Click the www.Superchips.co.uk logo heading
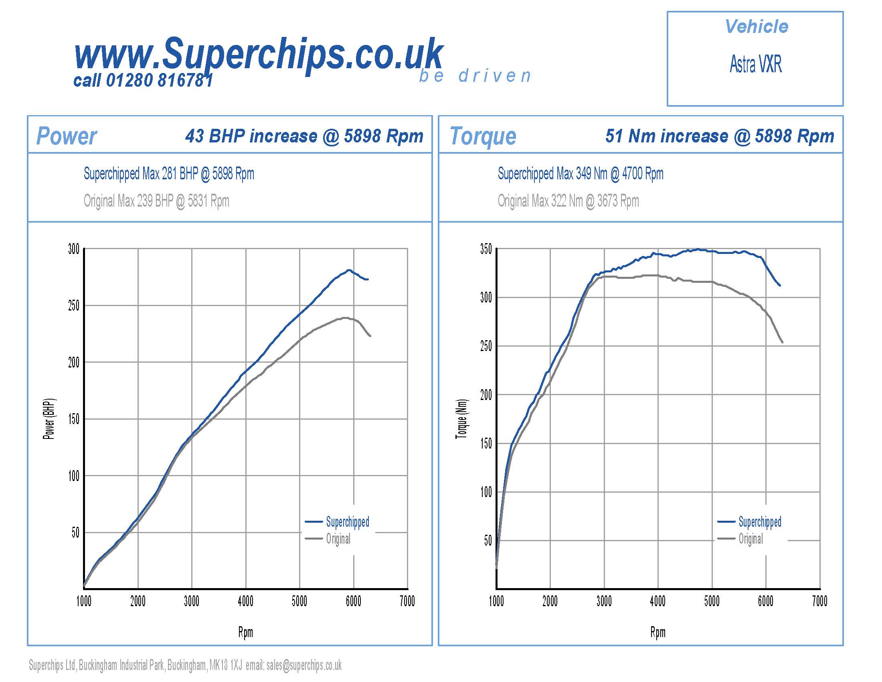259,53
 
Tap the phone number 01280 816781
159,81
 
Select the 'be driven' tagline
475,76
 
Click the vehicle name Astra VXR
755,64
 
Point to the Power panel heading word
67,136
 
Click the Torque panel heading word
483,136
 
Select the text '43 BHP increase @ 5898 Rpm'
304,136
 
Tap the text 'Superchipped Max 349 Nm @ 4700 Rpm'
581,174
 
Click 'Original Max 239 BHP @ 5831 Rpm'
156,201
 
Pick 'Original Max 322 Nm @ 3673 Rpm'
568,201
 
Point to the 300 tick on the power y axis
74,249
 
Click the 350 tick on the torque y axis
486,249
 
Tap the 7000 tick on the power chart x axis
407,602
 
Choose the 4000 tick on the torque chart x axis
658,602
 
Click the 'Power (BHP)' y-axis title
49,419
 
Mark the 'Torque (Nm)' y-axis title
461,419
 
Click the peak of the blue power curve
348,270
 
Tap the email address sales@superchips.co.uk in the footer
304,665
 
